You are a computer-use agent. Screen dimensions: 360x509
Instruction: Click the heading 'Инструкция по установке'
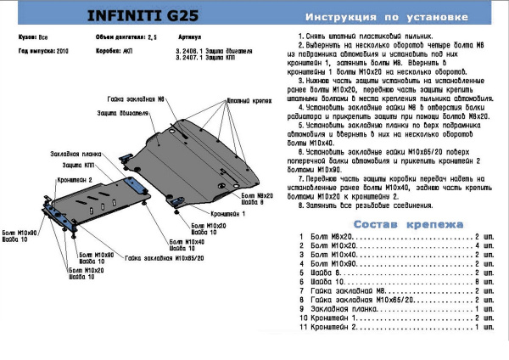pos(394,17)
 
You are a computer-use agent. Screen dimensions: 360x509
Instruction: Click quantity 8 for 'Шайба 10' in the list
pos(475,281)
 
